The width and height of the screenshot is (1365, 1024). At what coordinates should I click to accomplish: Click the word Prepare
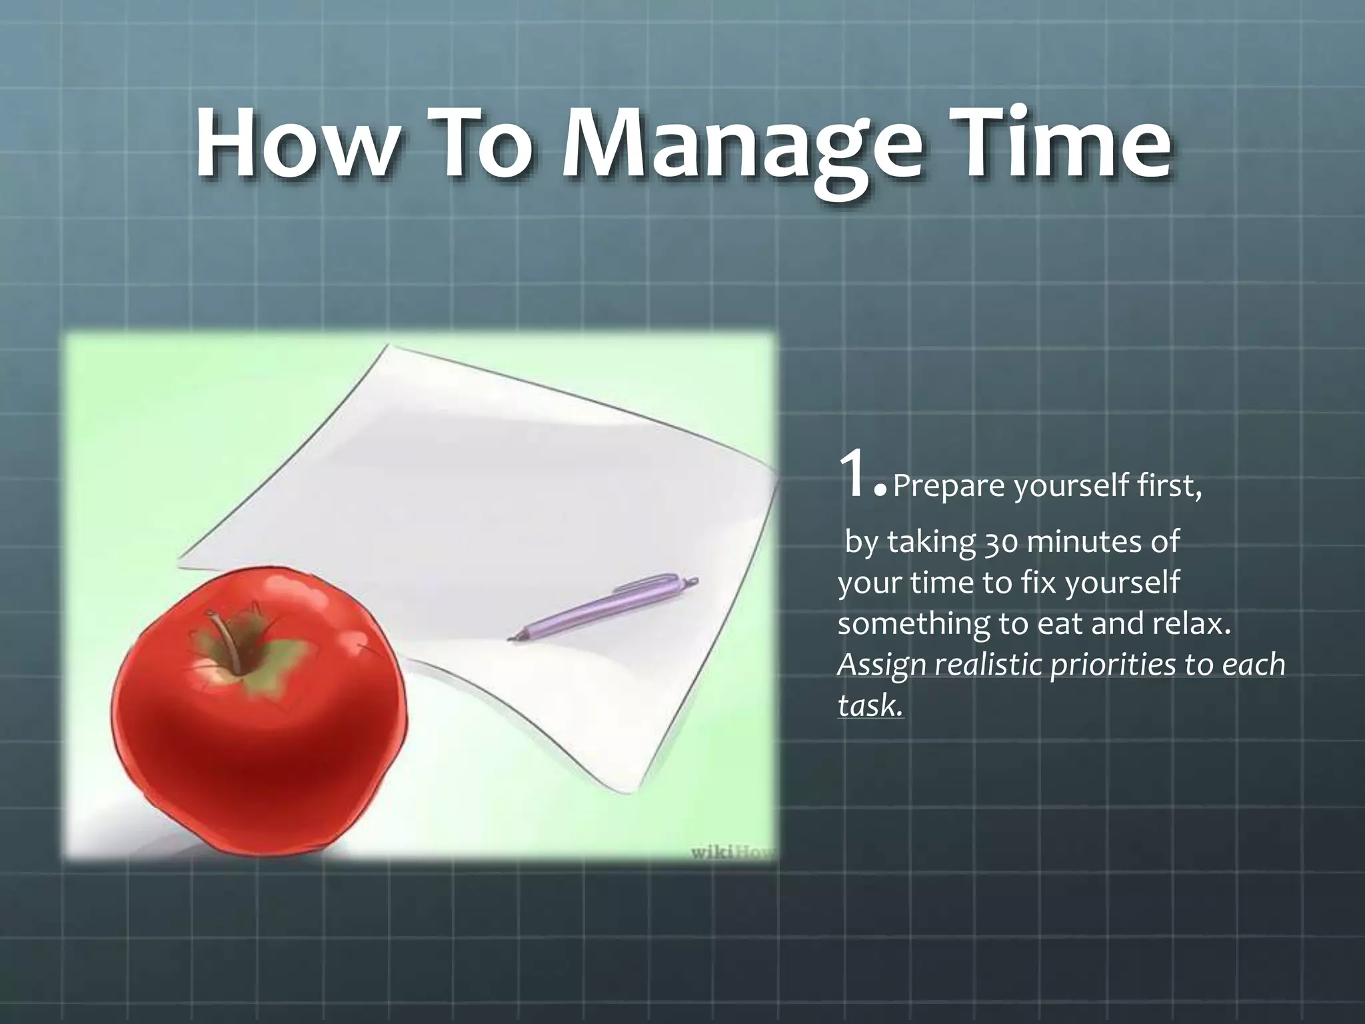pos(949,487)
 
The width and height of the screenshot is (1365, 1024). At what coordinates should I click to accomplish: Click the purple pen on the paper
pos(603,607)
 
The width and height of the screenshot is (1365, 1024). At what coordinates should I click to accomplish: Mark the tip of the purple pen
pos(512,639)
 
